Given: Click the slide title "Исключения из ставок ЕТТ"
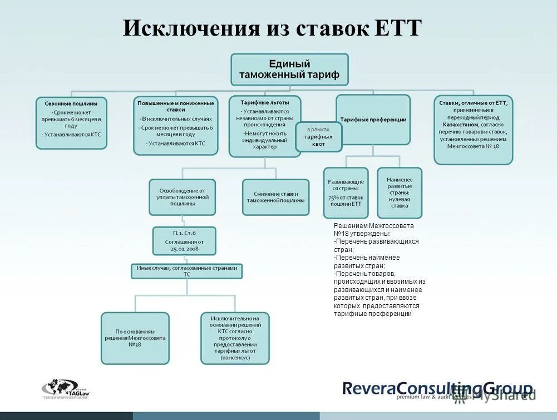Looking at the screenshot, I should tap(273, 28).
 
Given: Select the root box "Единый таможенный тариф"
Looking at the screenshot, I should tap(289, 69).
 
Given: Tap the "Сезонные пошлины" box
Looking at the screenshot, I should tap(71, 123).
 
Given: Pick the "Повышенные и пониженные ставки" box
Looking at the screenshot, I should tap(175, 127).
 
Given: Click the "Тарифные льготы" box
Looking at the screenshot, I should tap(265, 126).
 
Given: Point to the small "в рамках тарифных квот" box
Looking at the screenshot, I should tap(318, 137).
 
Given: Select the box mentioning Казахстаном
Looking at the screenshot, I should tap(473, 130).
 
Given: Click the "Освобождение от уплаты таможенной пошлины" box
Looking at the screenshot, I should tap(182, 197).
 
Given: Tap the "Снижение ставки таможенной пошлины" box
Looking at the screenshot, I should tap(275, 197).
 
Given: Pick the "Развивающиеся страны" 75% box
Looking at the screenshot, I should tap(346, 192).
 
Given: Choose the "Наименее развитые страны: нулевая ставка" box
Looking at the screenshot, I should tap(400, 192).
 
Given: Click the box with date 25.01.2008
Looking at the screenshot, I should tap(184, 241).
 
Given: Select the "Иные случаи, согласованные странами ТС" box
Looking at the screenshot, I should tap(187, 271).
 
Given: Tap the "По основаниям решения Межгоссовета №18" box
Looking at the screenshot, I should tap(135, 338).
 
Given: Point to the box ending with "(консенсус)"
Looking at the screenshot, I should tap(235, 338).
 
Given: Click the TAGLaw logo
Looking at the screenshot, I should tap(66, 389).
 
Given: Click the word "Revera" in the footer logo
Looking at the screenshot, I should tap(368, 388).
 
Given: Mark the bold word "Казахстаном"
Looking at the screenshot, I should tap(458, 125).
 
